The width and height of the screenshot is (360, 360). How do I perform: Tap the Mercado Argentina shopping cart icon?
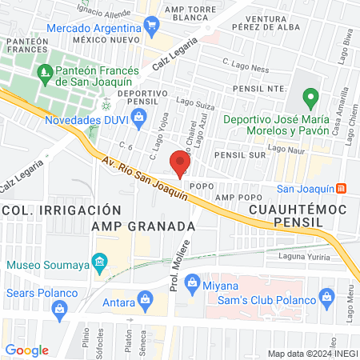[152, 27]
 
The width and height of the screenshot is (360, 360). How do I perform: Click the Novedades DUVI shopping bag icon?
[138, 118]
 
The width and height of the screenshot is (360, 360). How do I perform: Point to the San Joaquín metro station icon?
[342, 188]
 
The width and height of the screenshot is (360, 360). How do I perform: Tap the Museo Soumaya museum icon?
[99, 262]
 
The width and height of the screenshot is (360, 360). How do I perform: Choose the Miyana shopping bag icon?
[191, 282]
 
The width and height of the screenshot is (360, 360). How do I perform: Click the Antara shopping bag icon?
[145, 300]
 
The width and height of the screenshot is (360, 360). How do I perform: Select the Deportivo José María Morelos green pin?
[311, 101]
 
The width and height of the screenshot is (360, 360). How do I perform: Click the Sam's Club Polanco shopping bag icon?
[326, 299]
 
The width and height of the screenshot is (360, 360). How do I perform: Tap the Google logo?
[27, 350]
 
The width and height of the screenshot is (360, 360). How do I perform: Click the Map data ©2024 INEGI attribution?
[311, 354]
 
